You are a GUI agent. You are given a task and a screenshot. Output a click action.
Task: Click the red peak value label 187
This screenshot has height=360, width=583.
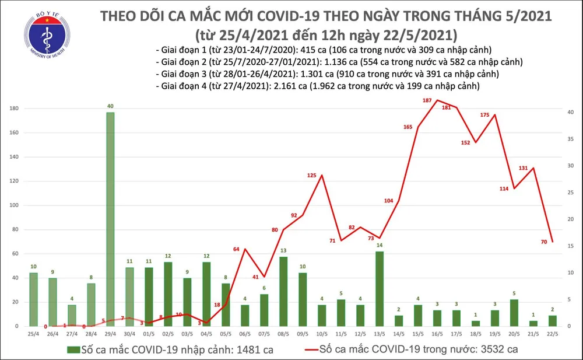click(427, 101)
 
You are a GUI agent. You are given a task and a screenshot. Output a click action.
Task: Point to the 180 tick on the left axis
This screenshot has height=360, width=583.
click(12, 109)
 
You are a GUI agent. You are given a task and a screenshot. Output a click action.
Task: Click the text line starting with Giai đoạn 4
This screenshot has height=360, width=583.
click(318, 86)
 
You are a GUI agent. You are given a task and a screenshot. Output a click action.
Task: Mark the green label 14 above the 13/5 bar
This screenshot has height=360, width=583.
click(380, 245)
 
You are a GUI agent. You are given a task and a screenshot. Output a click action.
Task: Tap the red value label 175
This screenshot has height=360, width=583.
click(484, 115)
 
